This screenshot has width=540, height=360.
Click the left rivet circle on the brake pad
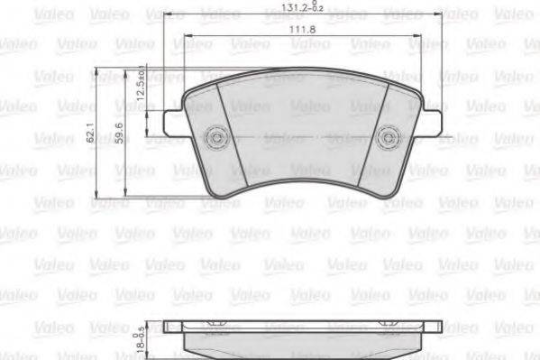pyautogui.click(x=217, y=137)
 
